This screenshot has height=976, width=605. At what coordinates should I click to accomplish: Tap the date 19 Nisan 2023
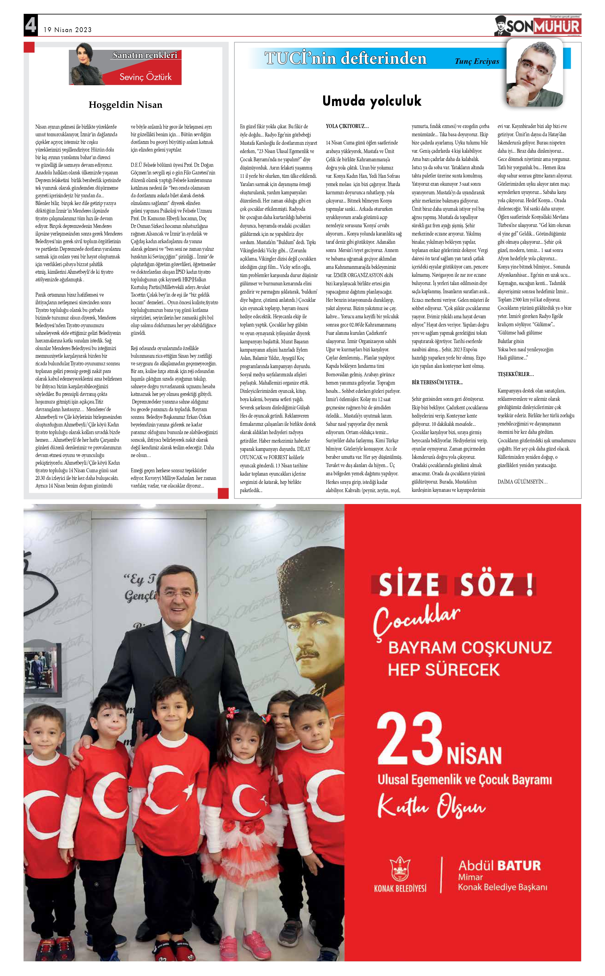tap(68, 30)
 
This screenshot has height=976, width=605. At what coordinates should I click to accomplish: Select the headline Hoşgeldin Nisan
tap(125, 105)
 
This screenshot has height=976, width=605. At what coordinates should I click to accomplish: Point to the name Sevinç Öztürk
tap(145, 77)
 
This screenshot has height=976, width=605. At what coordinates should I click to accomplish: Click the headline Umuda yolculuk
tap(372, 101)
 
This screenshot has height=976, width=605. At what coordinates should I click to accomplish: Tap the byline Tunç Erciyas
tap(477, 61)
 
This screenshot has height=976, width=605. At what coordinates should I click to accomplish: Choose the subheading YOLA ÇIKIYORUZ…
tap(347, 126)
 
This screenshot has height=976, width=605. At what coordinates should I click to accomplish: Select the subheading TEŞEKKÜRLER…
tap(515, 374)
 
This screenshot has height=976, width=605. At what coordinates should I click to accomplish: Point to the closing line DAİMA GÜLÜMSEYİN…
tap(522, 482)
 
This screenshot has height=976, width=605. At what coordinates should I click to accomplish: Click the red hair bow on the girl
tap(232, 712)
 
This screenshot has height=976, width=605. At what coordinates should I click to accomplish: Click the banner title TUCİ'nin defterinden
tap(345, 58)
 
